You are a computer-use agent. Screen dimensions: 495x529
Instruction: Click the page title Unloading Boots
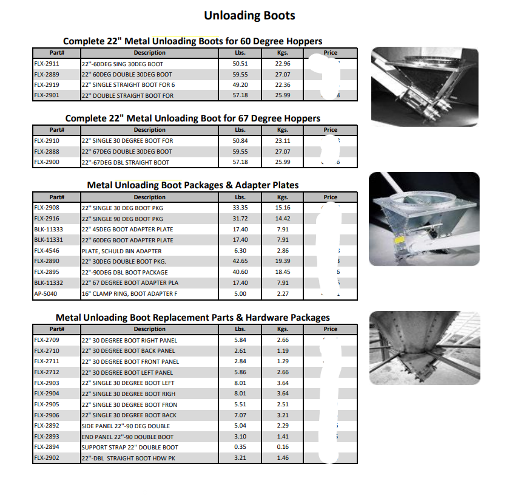coord(249,15)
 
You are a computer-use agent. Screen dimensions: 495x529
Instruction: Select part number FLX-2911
coord(46,63)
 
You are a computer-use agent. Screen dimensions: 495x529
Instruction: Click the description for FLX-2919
coord(128,85)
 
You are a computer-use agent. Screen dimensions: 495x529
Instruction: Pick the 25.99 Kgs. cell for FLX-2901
coord(282,95)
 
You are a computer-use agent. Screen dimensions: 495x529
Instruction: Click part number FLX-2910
coord(46,140)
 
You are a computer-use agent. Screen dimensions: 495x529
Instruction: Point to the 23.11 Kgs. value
coord(282,140)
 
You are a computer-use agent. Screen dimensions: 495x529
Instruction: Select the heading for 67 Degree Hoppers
coord(193,118)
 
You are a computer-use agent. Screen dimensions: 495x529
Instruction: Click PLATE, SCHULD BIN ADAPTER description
coord(121,251)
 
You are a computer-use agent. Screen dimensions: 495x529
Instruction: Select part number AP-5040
coord(45,294)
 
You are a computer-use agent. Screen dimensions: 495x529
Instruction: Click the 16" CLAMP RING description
coord(130,294)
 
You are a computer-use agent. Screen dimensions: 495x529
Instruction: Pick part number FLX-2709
coord(46,340)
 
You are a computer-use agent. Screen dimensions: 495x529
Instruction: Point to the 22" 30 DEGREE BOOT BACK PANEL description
coord(129,351)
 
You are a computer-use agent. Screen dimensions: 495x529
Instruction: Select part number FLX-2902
coord(46,458)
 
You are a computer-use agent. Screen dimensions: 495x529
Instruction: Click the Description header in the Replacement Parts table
coord(149,329)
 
